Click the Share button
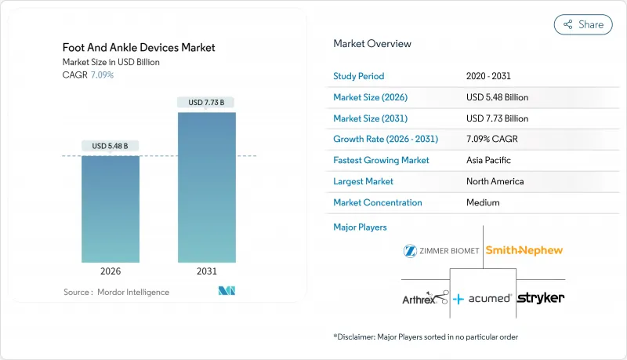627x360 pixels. pos(583,24)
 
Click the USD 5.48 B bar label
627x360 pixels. pos(111,146)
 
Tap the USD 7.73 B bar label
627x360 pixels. pos(206,102)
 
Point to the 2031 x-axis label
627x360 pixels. pos(206,271)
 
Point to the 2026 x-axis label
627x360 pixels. pos(111,271)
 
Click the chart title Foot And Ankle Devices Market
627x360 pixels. pos(139,48)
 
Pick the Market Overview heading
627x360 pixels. pos(372,43)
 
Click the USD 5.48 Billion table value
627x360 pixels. pos(497,97)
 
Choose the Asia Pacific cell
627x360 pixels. pos(488,160)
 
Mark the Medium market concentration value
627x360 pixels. pos(483,202)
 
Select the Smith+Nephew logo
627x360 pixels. pos(524,251)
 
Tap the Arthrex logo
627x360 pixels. pos(425,297)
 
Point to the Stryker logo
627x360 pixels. pos(541,298)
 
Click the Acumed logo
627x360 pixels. pos(483,299)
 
